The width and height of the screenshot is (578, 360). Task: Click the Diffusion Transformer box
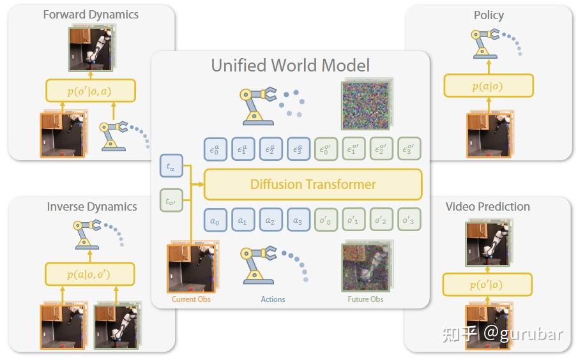[312, 184]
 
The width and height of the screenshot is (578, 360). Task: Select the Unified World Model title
[291, 65]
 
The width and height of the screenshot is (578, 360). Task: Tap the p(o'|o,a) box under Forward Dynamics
[90, 91]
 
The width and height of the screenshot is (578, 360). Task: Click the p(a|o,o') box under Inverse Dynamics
[90, 274]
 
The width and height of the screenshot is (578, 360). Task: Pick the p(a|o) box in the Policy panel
[488, 86]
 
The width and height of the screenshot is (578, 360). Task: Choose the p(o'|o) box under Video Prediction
[488, 285]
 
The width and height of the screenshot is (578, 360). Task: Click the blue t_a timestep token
[171, 167]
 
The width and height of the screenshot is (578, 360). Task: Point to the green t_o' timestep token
[171, 202]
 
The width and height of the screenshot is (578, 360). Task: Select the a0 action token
[215, 220]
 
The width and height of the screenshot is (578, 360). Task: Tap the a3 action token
[298, 220]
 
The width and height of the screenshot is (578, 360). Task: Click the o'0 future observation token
[326, 220]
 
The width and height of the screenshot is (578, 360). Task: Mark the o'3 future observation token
[409, 220]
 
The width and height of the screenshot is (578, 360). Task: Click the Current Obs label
[191, 299]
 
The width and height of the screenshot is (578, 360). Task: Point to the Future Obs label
[365, 299]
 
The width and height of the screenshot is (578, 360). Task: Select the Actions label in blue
[273, 299]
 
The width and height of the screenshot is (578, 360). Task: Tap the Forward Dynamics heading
[91, 14]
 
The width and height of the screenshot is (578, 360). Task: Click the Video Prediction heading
[487, 206]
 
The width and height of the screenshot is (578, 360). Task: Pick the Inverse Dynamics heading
[92, 206]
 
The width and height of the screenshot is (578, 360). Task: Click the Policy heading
[489, 15]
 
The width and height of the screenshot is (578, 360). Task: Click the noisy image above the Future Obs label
[365, 267]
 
